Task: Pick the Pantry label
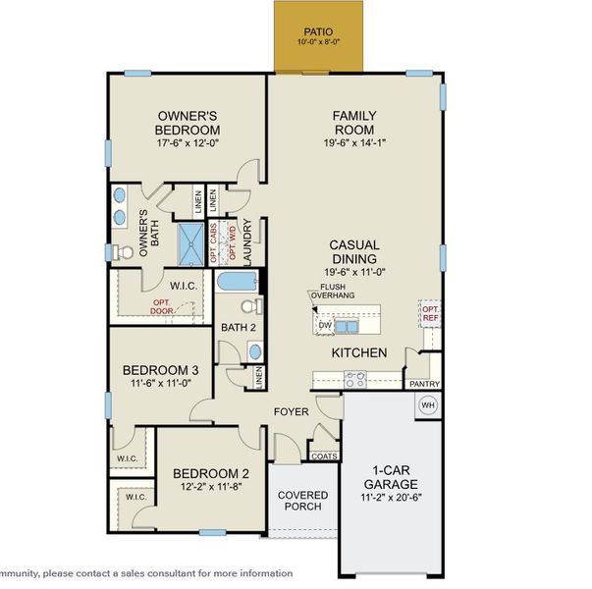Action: click(x=424, y=384)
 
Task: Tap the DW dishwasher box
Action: click(x=323, y=326)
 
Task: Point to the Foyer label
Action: click(x=292, y=412)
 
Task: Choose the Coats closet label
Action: click(x=323, y=455)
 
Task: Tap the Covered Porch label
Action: click(x=302, y=502)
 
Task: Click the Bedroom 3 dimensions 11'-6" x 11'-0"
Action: click(x=160, y=385)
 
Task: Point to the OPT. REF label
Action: click(x=429, y=312)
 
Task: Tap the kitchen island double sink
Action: click(x=346, y=326)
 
